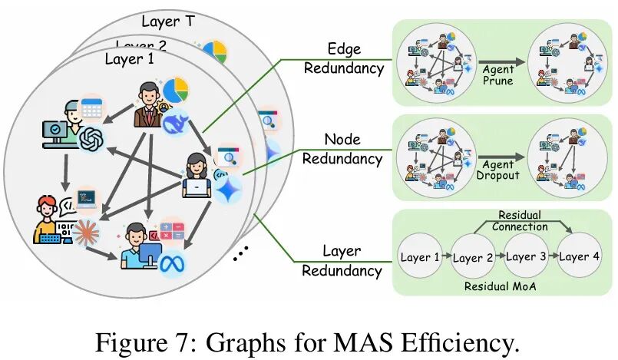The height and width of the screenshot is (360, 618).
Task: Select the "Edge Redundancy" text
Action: click(343, 58)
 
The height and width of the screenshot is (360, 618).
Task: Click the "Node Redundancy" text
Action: click(342, 149)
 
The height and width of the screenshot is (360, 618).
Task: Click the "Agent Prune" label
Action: click(497, 74)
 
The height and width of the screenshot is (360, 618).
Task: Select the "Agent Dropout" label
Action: click(497, 170)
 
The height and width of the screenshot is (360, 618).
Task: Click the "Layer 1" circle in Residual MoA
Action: click(420, 257)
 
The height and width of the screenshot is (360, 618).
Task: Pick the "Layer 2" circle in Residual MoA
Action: click(472, 258)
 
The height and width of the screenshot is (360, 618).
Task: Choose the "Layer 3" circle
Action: click(525, 257)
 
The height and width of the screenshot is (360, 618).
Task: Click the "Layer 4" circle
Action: click(578, 257)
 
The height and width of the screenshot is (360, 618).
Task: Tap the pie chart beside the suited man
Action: click(177, 90)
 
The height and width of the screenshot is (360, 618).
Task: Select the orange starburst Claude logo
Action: click(87, 230)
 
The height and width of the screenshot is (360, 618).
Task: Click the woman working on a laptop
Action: click(198, 175)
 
